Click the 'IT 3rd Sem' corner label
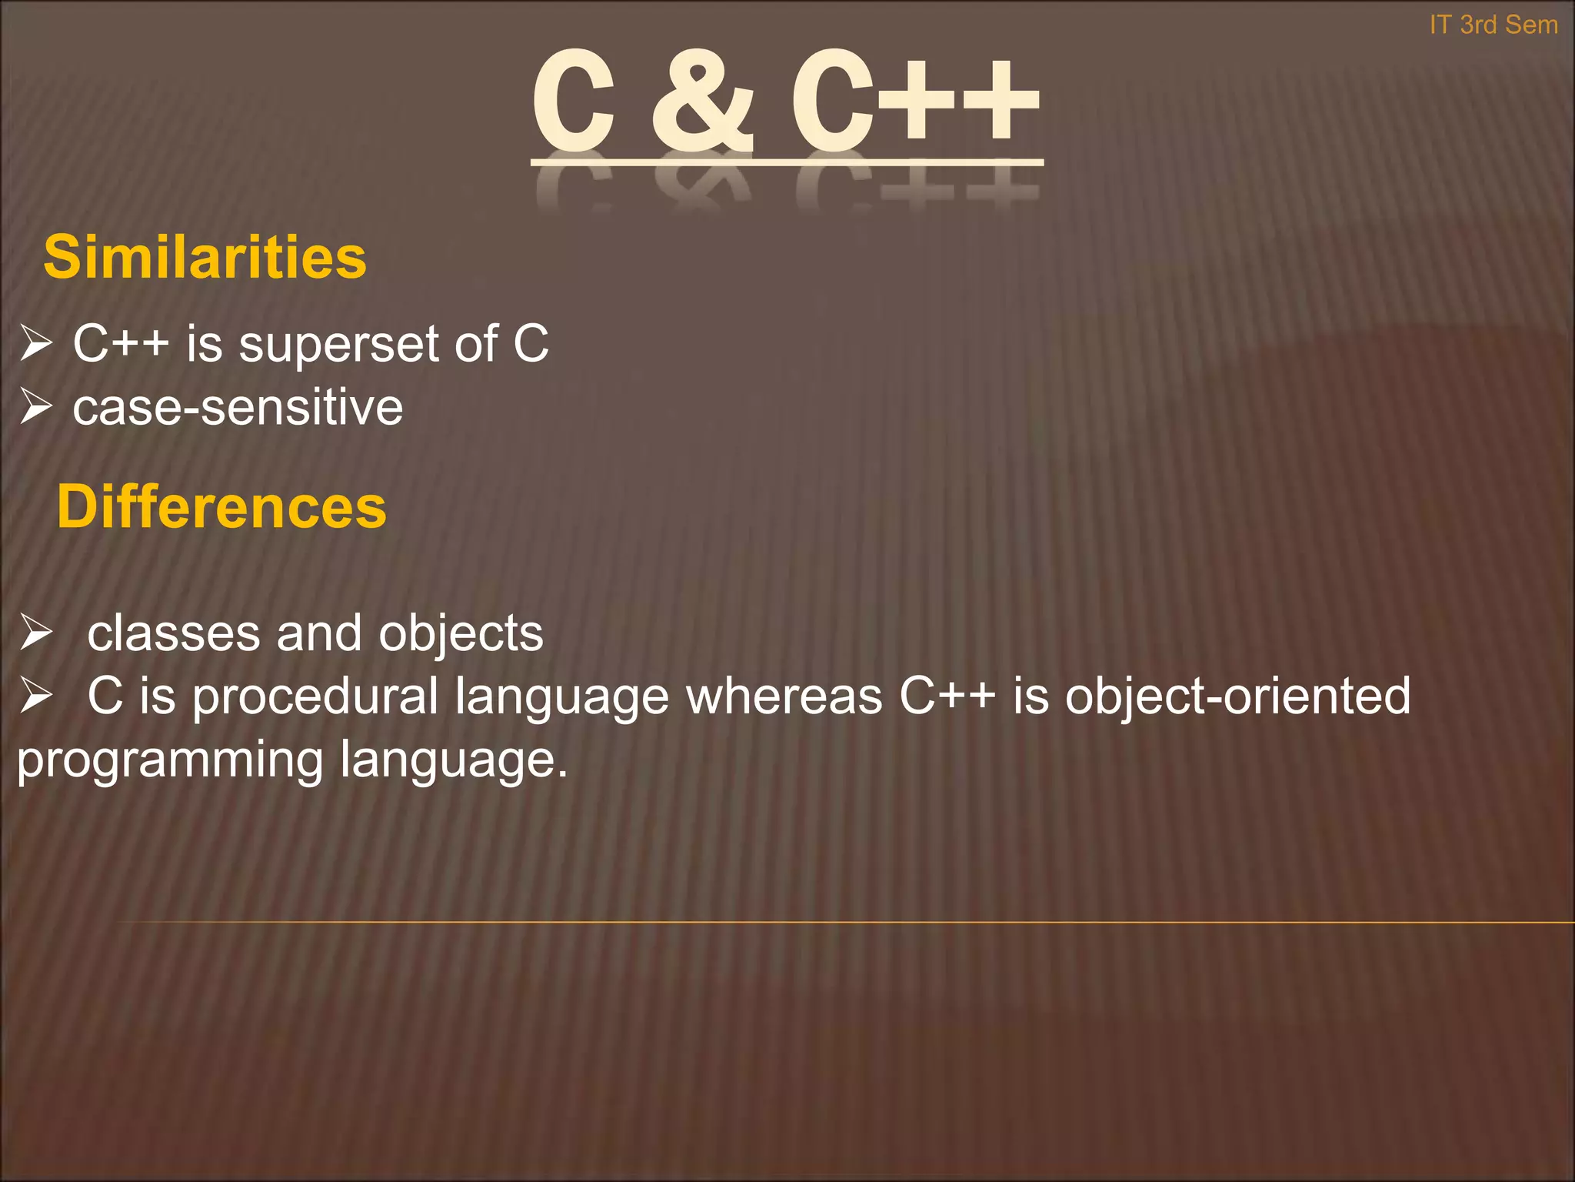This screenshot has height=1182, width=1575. tap(1493, 25)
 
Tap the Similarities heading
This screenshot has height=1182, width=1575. tap(205, 257)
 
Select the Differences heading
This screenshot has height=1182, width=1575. tap(221, 507)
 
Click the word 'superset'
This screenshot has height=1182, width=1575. tap(338, 344)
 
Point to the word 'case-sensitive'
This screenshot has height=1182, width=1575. tap(238, 407)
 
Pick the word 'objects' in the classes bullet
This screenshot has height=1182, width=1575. tap(461, 635)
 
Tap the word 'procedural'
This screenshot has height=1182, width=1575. tap(315, 697)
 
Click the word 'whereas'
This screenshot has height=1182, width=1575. tap(784, 696)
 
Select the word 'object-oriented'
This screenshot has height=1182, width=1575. tap(1237, 696)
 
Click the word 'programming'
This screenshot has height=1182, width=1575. tap(170, 760)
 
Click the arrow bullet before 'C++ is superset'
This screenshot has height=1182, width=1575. tap(35, 343)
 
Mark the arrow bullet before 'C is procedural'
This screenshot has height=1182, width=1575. tap(35, 696)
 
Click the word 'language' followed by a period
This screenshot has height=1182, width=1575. tap(453, 760)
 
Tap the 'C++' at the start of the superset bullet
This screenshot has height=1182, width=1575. tap(121, 343)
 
